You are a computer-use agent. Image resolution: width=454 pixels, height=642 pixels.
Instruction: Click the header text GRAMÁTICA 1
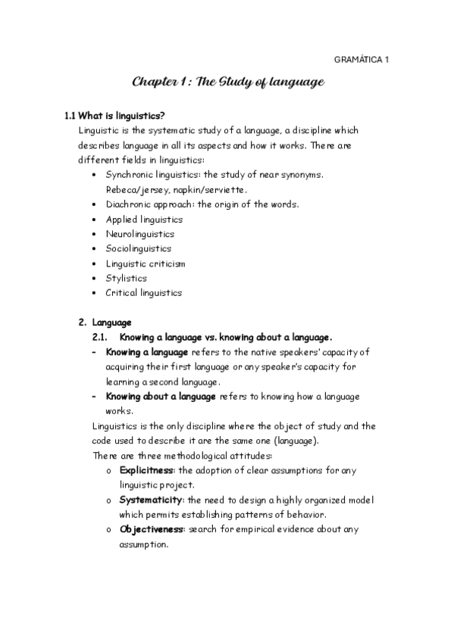[x=361, y=59]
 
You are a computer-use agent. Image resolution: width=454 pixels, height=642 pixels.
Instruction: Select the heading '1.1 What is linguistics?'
[x=114, y=116]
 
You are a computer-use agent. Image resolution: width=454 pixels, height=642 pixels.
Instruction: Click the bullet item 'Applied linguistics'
[x=144, y=219]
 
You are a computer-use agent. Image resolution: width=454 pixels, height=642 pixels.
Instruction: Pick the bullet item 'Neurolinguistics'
[x=139, y=234]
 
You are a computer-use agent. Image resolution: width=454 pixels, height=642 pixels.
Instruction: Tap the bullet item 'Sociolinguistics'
[x=139, y=248]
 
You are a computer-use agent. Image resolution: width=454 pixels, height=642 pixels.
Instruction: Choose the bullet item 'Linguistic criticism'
[x=146, y=263]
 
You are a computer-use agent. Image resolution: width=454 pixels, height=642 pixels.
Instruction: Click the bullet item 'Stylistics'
[x=127, y=278]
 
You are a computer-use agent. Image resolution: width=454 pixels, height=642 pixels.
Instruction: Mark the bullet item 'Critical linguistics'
[x=144, y=292]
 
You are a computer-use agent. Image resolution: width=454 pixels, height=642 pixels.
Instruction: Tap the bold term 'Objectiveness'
[x=152, y=529]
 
